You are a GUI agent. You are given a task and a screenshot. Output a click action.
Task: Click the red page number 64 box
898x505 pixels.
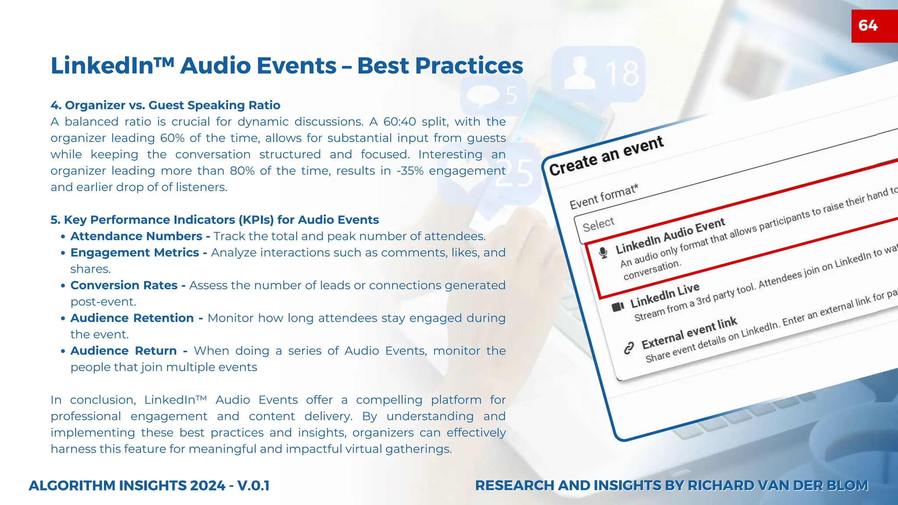tap(873, 26)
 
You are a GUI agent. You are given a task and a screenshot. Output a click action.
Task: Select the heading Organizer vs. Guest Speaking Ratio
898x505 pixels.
tap(166, 105)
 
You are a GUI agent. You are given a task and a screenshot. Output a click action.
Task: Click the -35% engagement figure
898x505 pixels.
tap(410, 171)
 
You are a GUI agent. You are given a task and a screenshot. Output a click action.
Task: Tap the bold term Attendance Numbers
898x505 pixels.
tap(136, 236)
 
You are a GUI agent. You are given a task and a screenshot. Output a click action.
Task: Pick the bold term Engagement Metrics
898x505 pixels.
tap(135, 252)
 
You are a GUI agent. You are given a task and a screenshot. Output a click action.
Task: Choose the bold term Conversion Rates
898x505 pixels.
tap(124, 285)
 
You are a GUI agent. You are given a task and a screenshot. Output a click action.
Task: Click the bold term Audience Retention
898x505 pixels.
tap(132, 318)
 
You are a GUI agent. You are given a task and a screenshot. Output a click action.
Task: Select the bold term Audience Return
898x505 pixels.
tap(124, 351)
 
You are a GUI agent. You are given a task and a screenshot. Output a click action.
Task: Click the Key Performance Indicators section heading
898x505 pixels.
tap(215, 220)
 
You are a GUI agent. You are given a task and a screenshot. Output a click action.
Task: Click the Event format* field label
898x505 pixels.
tap(604, 197)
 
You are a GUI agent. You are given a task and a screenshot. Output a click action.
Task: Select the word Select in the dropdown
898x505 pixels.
tap(599, 224)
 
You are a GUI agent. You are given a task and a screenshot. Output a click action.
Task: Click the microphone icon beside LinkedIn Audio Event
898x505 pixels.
tap(604, 253)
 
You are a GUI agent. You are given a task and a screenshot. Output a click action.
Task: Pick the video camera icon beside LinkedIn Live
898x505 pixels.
tap(618, 306)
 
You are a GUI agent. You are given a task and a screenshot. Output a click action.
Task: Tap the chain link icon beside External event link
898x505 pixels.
tap(629, 348)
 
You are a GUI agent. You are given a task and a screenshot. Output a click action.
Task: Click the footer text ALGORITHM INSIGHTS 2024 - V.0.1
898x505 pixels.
tap(149, 486)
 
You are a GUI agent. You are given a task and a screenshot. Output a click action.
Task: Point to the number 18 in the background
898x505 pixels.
tap(622, 74)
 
